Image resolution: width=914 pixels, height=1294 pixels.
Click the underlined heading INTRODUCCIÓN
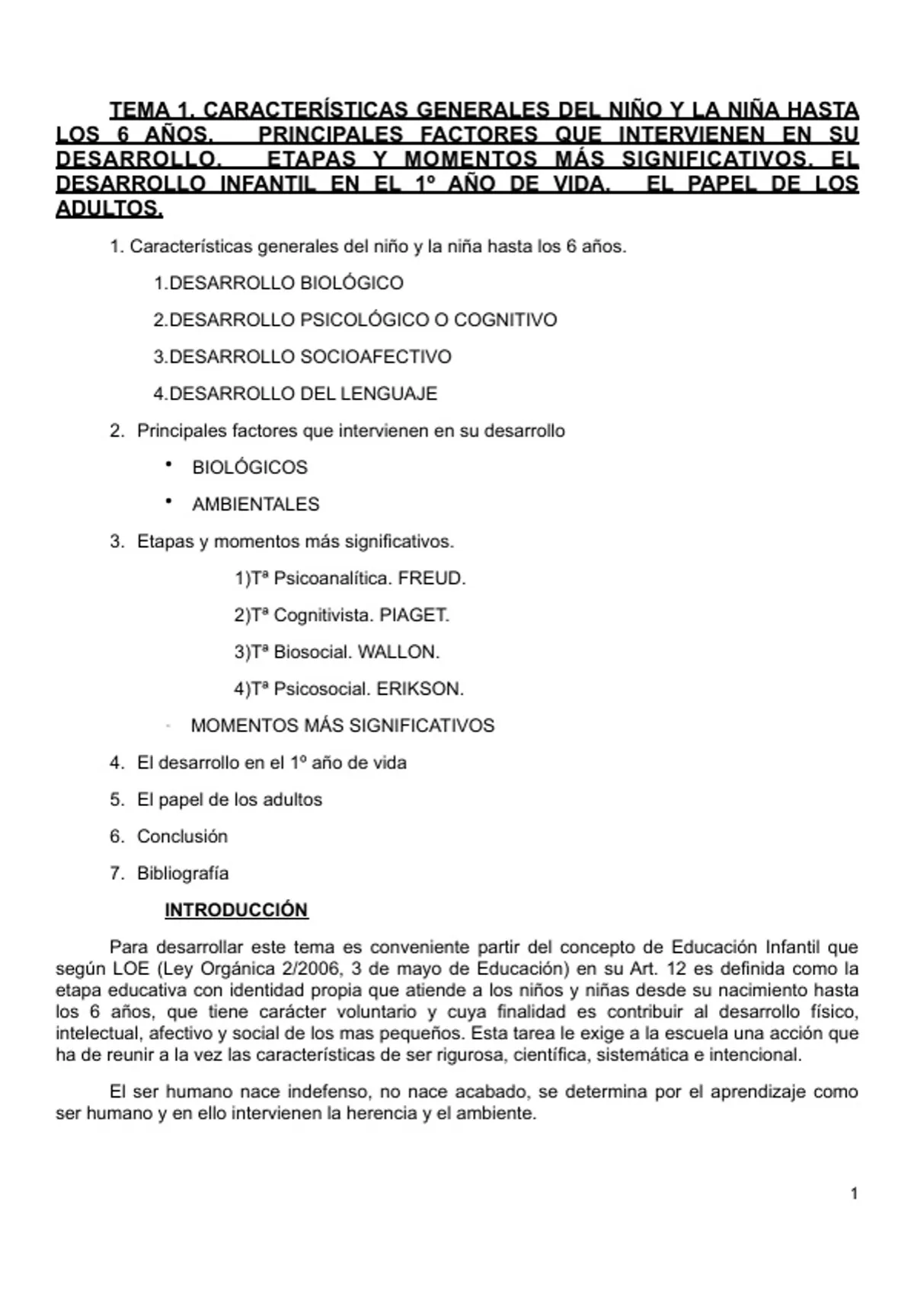(236, 910)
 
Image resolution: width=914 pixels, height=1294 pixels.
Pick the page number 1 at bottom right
(854, 1194)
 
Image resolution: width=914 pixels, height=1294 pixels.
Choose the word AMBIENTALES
(256, 504)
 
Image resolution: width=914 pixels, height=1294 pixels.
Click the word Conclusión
(182, 837)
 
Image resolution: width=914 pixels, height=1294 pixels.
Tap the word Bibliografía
(183, 873)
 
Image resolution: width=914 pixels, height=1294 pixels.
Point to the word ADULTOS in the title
(109, 209)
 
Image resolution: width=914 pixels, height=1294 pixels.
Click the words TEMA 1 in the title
(149, 110)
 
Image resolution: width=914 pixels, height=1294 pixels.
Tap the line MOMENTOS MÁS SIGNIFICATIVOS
(342, 725)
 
